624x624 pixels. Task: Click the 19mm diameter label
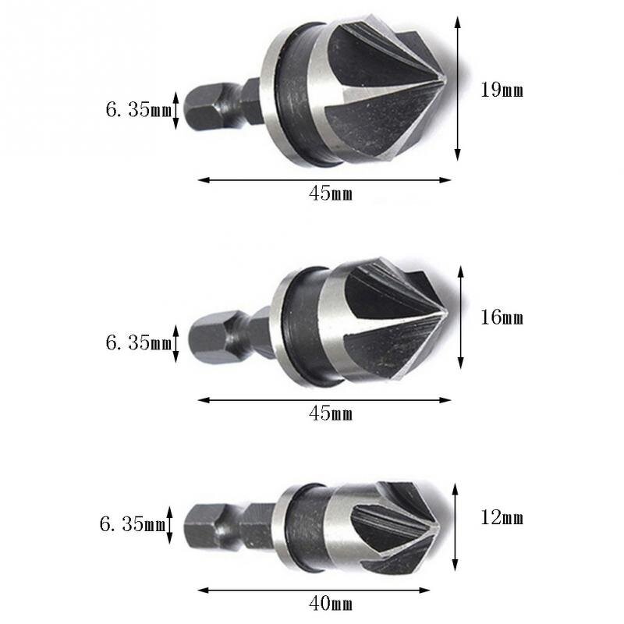click(x=502, y=90)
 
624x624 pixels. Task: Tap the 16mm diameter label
click(x=502, y=318)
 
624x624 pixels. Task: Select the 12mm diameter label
click(x=502, y=518)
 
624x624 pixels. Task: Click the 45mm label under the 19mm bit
click(x=331, y=194)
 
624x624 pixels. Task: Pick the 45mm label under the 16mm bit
click(x=331, y=413)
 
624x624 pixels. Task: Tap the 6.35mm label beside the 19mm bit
click(x=138, y=110)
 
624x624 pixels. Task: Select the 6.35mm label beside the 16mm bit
click(x=138, y=342)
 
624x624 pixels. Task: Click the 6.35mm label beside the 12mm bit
click(x=132, y=524)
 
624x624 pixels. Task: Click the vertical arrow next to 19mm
click(x=458, y=90)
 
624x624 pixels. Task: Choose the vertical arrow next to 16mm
click(x=461, y=317)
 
